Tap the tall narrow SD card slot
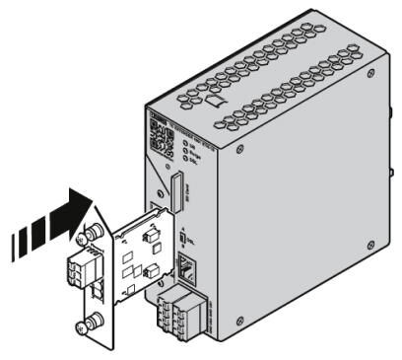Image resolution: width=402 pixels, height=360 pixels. click(x=177, y=193)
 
